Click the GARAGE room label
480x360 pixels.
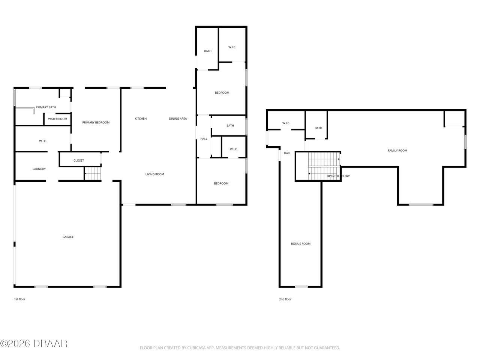point(68,237)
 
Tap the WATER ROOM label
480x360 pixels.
point(57,119)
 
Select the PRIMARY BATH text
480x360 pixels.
point(46,107)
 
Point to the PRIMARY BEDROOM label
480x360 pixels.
point(96,122)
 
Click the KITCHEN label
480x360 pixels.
point(141,118)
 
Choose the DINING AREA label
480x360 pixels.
point(178,118)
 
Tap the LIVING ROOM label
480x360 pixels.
point(154,174)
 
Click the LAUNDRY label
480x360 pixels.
point(39,169)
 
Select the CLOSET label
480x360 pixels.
point(79,160)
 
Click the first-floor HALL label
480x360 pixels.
point(204,139)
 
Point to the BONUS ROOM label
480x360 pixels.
point(301,243)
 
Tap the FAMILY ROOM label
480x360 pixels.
point(397,150)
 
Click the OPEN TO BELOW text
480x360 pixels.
point(338,176)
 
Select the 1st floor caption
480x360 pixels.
point(19,299)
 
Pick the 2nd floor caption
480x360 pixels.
point(285,299)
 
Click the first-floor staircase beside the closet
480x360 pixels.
point(93,174)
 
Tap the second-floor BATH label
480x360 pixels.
point(318,128)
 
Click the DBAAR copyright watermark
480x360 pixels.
point(34,343)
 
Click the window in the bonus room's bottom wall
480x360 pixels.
point(301,286)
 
